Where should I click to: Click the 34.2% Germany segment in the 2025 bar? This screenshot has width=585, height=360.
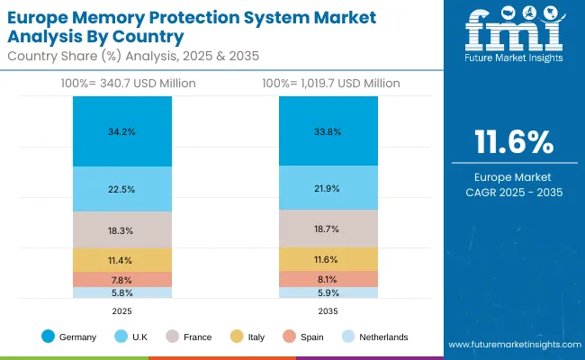pyautogui.click(x=121, y=130)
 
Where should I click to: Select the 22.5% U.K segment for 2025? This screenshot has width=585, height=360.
pyautogui.click(x=121, y=189)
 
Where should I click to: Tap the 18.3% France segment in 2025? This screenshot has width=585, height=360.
pyautogui.click(x=121, y=230)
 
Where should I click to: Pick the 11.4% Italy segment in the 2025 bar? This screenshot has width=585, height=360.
pyautogui.click(x=121, y=260)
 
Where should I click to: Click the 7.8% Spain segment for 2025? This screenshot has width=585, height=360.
pyautogui.click(x=121, y=279)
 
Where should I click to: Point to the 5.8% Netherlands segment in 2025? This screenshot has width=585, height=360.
pyautogui.click(x=121, y=292)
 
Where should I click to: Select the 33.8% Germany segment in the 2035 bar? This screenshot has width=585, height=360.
pyautogui.click(x=328, y=130)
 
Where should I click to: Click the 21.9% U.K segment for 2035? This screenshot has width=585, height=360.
pyautogui.click(x=328, y=188)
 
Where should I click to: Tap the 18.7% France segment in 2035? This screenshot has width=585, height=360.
pyautogui.click(x=328, y=229)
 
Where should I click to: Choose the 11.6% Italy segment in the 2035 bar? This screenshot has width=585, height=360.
pyautogui.click(x=328, y=259)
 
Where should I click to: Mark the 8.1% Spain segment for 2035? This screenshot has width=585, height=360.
pyautogui.click(x=328, y=279)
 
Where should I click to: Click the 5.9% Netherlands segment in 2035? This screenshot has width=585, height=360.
pyautogui.click(x=328, y=292)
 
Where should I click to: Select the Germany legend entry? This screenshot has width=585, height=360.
pyautogui.click(x=69, y=337)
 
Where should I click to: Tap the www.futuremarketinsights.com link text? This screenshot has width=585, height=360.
pyautogui.click(x=510, y=345)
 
